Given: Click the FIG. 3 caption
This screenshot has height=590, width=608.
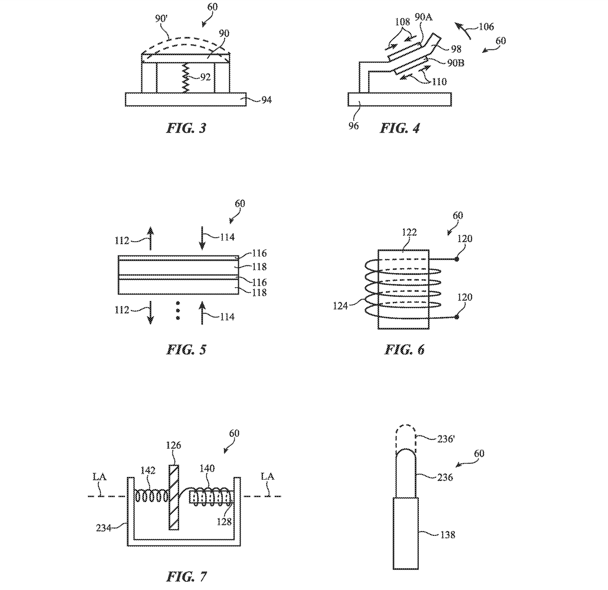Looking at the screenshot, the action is (x=186, y=128).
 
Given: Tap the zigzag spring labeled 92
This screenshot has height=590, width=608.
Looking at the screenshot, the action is (x=186, y=78).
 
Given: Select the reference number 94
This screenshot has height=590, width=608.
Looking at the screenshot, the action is (x=266, y=100).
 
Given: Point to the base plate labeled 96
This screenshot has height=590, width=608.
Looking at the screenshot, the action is (x=399, y=99).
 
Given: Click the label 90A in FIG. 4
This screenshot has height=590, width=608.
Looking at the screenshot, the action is (x=424, y=17).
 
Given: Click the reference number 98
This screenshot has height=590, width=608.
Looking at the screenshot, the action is (x=456, y=49).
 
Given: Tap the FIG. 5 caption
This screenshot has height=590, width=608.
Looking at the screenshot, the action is (x=186, y=350).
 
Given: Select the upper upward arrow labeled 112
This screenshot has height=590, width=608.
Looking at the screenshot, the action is (x=150, y=238).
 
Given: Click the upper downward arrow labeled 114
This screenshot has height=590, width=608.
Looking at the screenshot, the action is (x=202, y=238).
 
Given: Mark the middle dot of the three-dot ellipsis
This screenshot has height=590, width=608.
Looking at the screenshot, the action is (x=178, y=311).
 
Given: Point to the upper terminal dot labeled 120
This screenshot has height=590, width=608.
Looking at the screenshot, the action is (x=457, y=259).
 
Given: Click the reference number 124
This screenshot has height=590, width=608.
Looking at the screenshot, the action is (x=340, y=306).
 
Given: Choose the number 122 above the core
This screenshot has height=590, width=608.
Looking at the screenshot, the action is (x=409, y=233).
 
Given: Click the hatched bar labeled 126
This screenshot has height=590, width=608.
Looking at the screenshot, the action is (x=174, y=497).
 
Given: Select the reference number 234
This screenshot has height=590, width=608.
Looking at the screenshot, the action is (x=103, y=528).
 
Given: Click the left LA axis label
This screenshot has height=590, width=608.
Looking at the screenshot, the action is (x=100, y=477).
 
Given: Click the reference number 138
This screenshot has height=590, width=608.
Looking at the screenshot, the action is (x=448, y=535).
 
